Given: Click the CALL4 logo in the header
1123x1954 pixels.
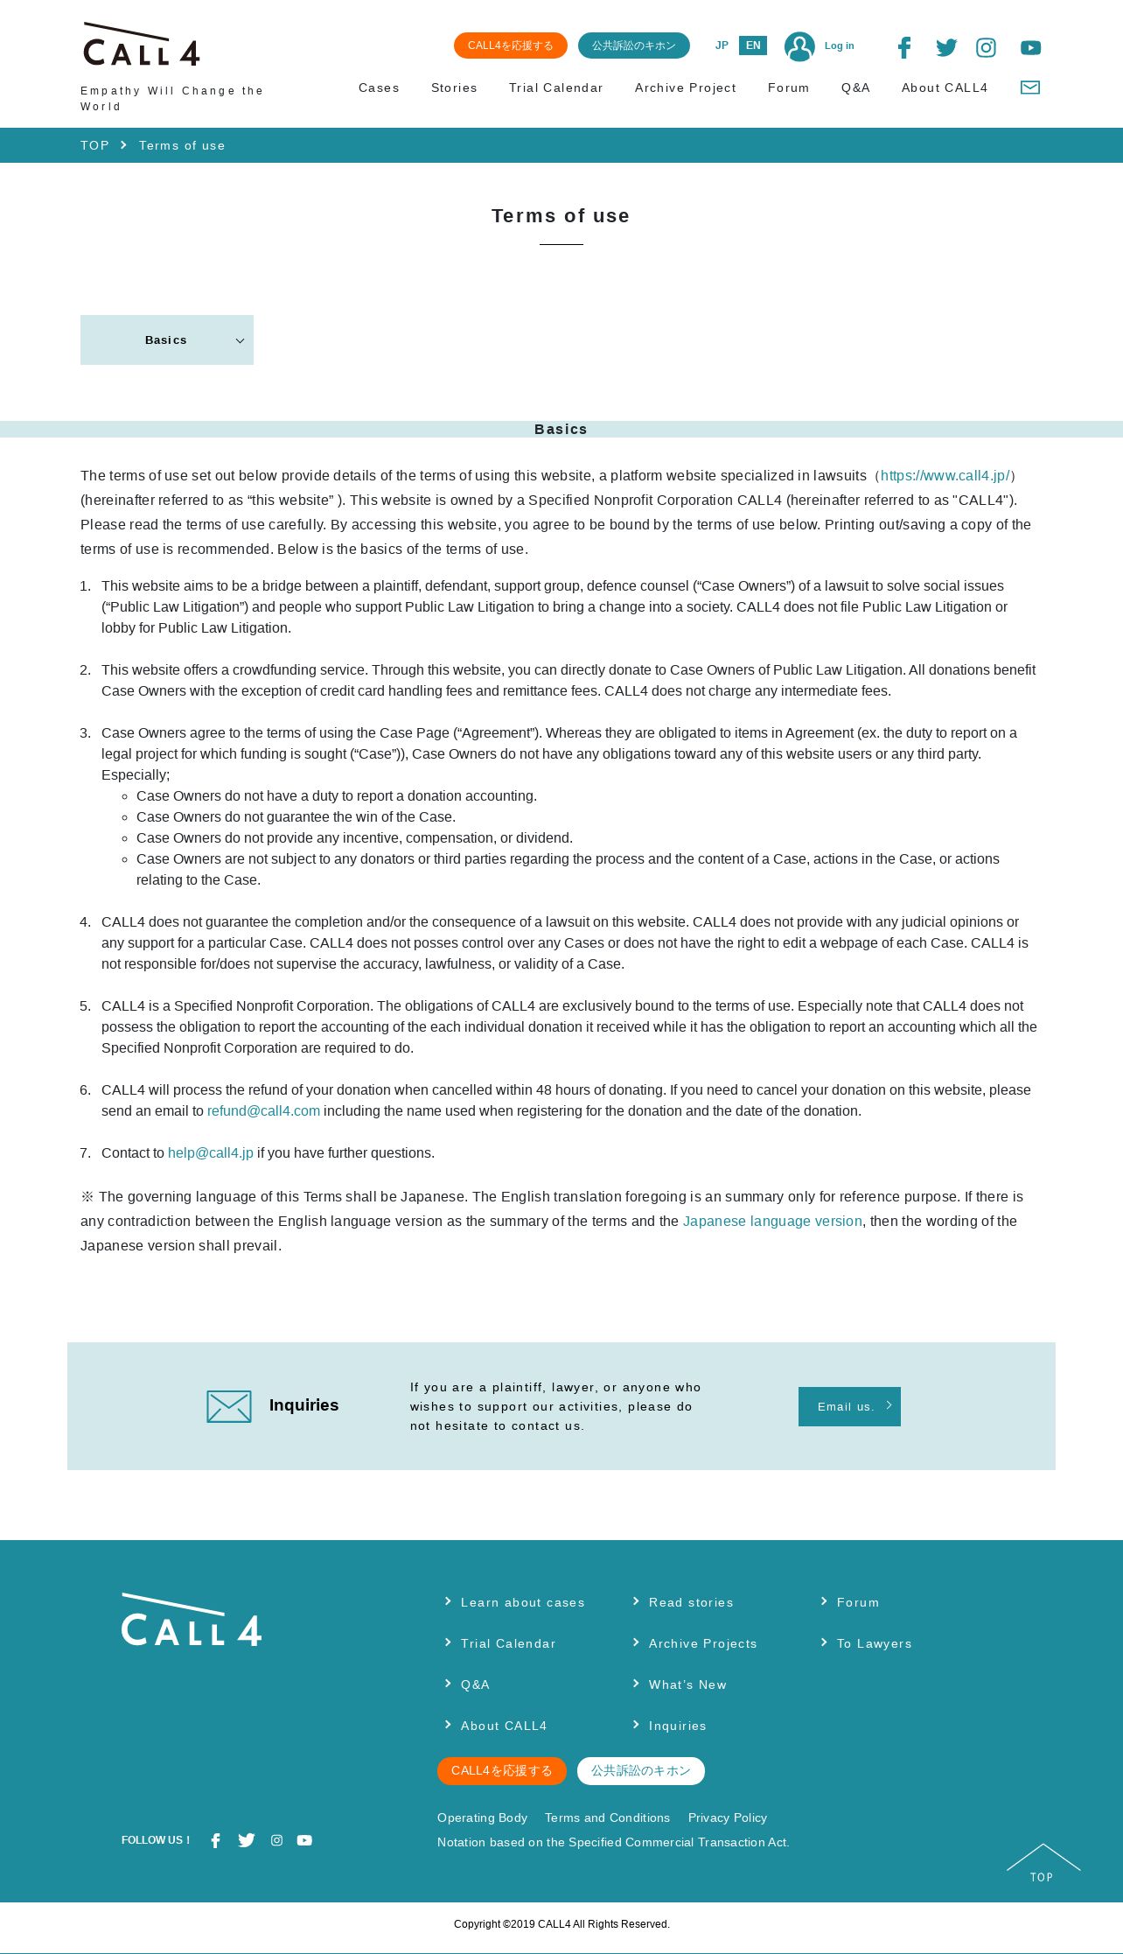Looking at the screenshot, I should pos(142,46).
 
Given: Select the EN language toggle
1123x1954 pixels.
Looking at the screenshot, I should pos(752,46).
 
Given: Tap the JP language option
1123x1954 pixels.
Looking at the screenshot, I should pos(722,46).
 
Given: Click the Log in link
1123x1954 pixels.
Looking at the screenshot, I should pos(839,46).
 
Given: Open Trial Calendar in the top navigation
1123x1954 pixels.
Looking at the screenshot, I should pos(555,88).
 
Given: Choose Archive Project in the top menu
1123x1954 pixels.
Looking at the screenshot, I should pos(685,88).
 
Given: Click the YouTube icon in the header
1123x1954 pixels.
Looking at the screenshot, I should pos(1030,48).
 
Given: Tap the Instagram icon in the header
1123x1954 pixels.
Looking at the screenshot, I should pos(986,48).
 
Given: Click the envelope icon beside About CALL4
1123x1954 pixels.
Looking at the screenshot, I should pos(1030,88).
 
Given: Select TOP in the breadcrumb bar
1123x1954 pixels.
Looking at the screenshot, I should pos(94,146).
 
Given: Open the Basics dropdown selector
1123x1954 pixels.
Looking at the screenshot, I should pos(167,340).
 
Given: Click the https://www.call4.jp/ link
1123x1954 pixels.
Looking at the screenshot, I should pos(945,476).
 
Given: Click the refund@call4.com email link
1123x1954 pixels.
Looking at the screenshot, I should pos(263,1111).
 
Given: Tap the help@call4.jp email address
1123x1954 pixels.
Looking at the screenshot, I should pos(211,1153).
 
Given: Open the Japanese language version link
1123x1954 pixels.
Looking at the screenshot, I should pos(772,1222).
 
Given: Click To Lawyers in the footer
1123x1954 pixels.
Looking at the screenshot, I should pos(874,1644).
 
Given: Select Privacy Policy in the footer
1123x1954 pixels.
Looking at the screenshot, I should pos(727,1818).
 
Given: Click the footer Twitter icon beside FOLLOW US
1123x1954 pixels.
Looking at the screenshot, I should pos(247,1840).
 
